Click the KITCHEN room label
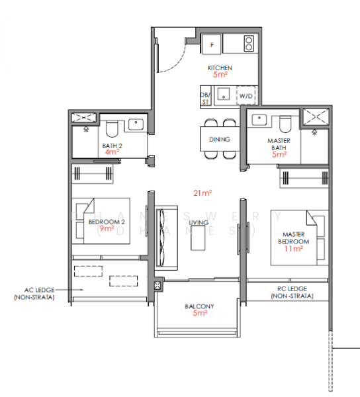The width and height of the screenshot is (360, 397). pyautogui.click(x=220, y=68)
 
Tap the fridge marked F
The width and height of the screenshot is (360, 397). pyautogui.click(x=212, y=44)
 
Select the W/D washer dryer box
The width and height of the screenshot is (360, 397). pyautogui.click(x=246, y=96)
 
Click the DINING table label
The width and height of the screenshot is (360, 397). pyautogui.click(x=219, y=140)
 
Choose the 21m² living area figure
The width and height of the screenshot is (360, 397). pyautogui.click(x=202, y=193)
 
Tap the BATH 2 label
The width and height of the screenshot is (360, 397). pyautogui.click(x=112, y=145)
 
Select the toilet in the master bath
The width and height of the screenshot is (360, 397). pyautogui.click(x=285, y=124)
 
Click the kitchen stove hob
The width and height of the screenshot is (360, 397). pyautogui.click(x=248, y=44)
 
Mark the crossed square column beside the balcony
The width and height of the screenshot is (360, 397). pyautogui.click(x=157, y=286)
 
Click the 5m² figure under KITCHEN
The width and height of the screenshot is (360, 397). pyautogui.click(x=220, y=75)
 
